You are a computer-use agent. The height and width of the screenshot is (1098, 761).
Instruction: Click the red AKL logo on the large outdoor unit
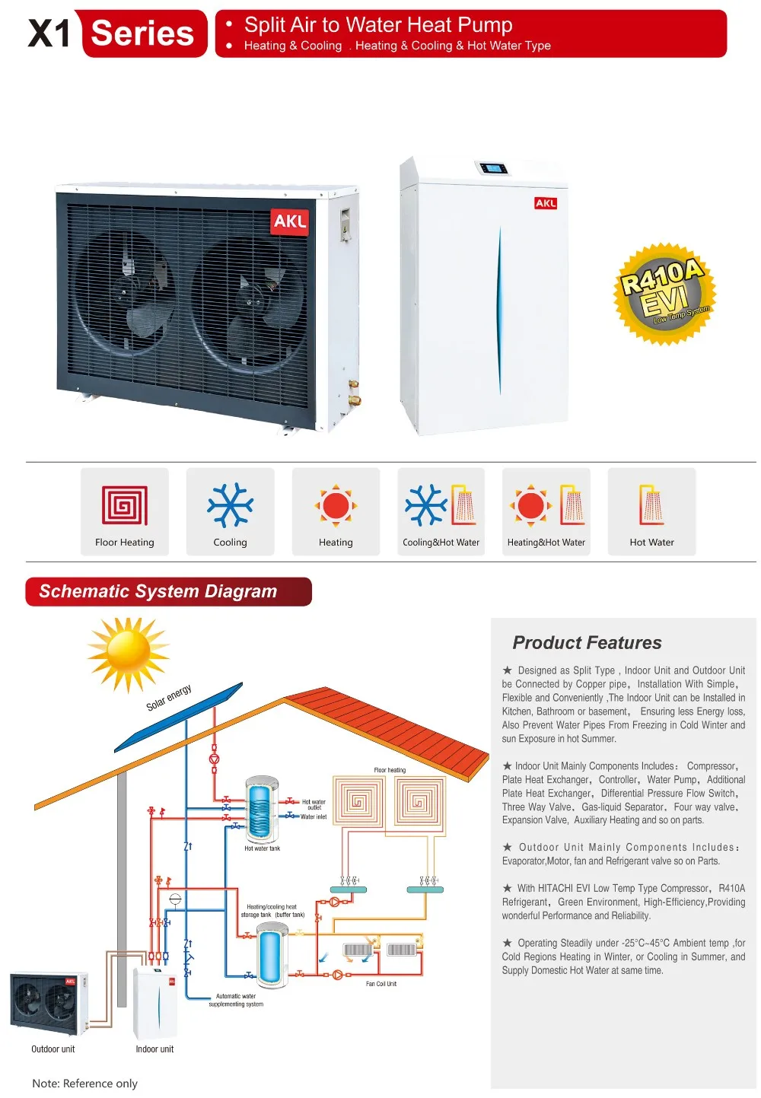[x=290, y=221]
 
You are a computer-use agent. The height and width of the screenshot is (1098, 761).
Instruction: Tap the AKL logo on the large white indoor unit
[x=546, y=203]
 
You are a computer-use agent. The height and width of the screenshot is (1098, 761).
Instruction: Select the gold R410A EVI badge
[x=664, y=294]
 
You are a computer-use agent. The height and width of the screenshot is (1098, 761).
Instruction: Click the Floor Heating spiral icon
[x=125, y=505]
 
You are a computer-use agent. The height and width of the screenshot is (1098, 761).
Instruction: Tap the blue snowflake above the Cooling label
[x=230, y=504]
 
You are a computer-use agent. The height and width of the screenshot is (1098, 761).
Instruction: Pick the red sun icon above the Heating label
[x=336, y=505]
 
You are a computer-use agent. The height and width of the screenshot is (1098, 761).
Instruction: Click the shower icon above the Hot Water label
[x=652, y=504]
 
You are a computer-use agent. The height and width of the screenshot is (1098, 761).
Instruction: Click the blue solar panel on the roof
[x=180, y=715]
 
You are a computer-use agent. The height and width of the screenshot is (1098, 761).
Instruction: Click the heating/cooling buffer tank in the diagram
[x=271, y=954]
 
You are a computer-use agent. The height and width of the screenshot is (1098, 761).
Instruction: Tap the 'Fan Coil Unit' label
[x=381, y=984]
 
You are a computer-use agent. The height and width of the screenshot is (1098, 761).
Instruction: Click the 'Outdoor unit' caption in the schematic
[x=53, y=1049]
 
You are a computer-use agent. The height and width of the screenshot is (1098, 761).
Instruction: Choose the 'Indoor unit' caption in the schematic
[x=154, y=1049]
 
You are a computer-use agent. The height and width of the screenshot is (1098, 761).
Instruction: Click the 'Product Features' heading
[x=587, y=643]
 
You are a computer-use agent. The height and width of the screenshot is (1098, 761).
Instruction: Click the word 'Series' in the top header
[x=142, y=33]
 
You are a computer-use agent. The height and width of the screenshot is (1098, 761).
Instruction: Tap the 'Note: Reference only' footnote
[x=85, y=1084]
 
